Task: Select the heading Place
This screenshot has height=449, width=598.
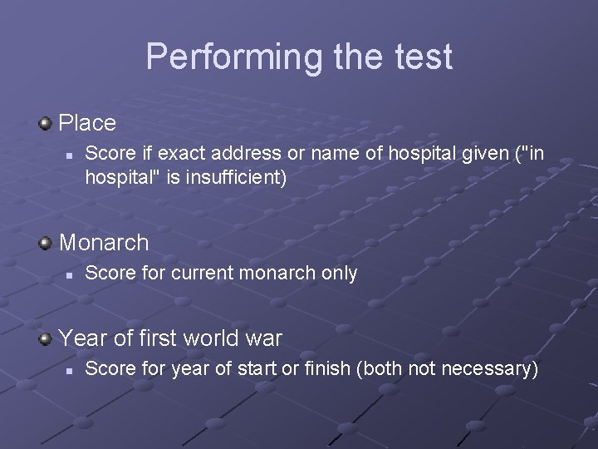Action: click(88, 123)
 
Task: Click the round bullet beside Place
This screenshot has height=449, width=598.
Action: click(46, 124)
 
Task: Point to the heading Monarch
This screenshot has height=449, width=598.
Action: click(104, 243)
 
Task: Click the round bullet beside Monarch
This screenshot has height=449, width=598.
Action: click(46, 243)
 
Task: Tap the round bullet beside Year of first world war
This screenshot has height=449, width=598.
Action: click(46, 338)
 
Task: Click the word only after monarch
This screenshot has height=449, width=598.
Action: click(340, 273)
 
